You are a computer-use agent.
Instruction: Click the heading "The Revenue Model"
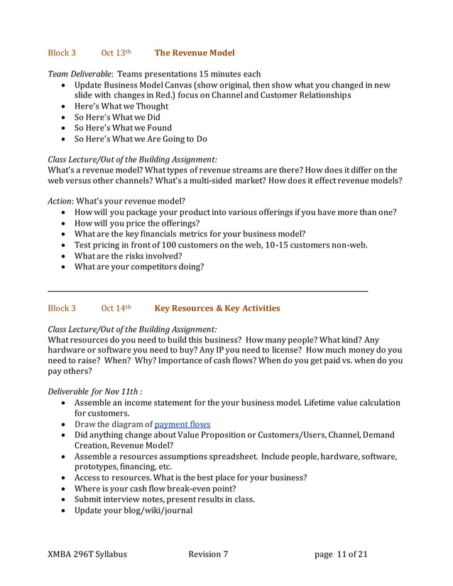(194, 52)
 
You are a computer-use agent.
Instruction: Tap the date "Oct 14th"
(116, 308)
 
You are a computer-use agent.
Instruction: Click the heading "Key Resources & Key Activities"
(217, 308)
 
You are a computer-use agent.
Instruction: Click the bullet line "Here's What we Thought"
(121, 106)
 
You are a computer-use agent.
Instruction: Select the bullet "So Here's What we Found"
(123, 128)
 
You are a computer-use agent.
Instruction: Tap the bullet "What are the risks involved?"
(128, 255)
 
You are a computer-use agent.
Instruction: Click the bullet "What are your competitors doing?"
(139, 267)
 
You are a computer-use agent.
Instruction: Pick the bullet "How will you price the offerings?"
(137, 223)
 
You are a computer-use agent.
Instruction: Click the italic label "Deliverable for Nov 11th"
(94, 390)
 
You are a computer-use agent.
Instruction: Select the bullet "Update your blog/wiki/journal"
(133, 510)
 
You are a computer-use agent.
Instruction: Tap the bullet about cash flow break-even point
(155, 488)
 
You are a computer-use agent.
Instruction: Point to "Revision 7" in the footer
(208, 554)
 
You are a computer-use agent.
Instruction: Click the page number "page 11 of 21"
(341, 554)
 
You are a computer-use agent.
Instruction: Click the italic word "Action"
(60, 201)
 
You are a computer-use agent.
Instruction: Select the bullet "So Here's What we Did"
(117, 117)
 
